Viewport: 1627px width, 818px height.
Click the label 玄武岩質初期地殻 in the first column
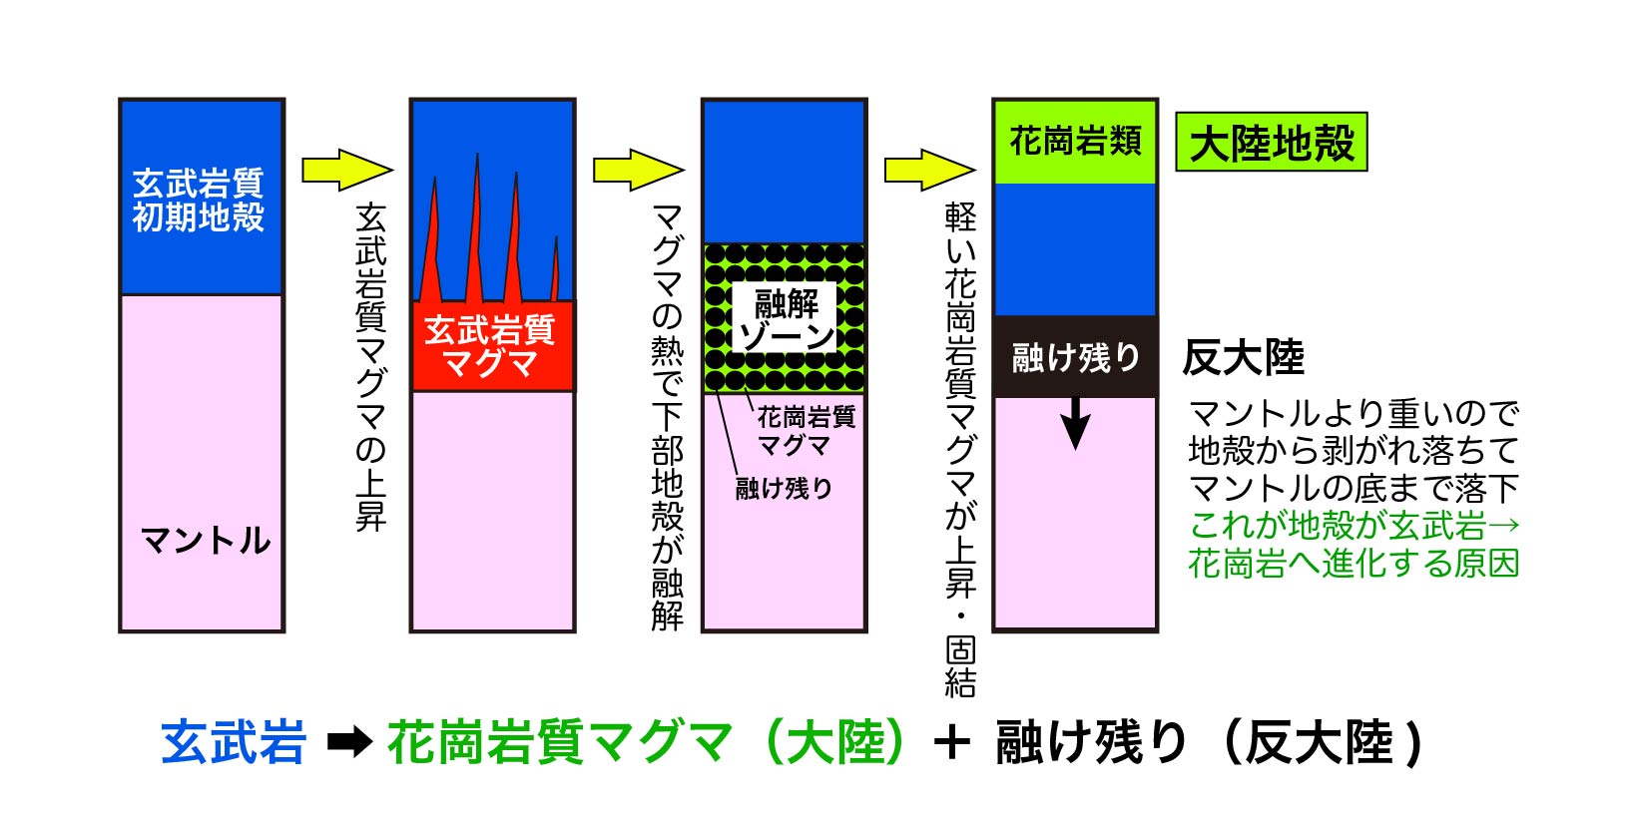coord(199,200)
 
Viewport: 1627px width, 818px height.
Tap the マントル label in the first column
coord(207,540)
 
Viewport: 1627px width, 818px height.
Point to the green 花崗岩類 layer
coord(1075,142)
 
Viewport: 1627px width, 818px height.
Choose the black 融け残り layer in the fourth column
coord(1075,356)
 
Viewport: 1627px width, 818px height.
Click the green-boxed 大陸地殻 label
coord(1271,143)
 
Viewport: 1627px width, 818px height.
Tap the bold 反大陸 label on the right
coord(1243,357)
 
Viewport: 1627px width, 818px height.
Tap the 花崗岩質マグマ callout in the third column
coord(805,430)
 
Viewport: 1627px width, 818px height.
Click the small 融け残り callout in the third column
coord(784,488)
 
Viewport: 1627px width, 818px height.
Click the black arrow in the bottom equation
coord(349,743)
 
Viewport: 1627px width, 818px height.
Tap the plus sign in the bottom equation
coord(953,743)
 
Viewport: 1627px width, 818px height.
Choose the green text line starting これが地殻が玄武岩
coord(1354,526)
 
